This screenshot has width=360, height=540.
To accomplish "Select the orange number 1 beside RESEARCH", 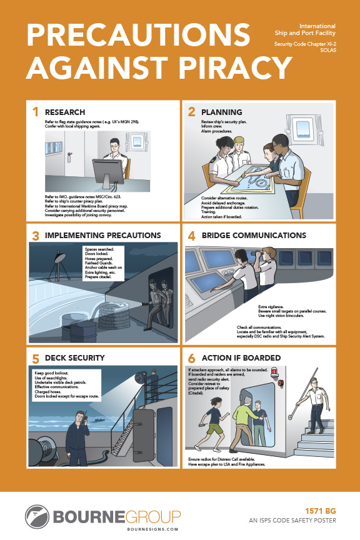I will click(x=36, y=112).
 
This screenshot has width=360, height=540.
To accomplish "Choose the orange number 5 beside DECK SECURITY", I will click(x=36, y=358).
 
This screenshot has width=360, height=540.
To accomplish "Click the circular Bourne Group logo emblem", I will click(x=37, y=516).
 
